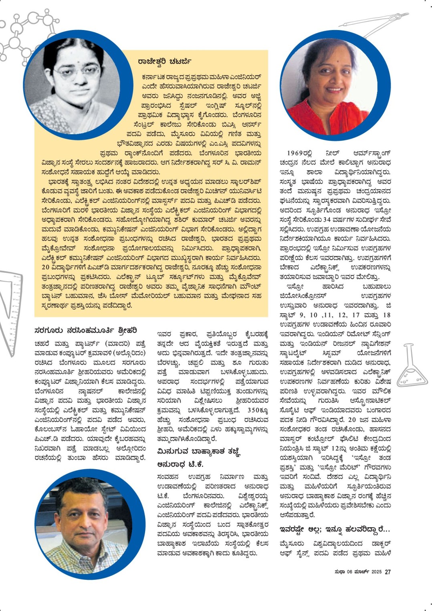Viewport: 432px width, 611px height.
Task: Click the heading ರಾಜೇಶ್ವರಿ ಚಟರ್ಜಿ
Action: pyautogui.click(x=164, y=61)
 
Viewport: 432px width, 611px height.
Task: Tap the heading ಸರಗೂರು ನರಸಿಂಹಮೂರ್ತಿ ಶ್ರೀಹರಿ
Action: pyautogui.click(x=86, y=331)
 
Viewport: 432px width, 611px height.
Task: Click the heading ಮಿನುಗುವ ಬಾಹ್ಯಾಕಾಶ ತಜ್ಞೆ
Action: pyautogui.click(x=199, y=451)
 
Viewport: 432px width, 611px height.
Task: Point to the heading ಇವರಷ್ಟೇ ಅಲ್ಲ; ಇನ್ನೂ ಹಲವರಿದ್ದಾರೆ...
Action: pyautogui.click(x=335, y=529)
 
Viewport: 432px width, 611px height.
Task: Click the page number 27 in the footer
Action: pyautogui.click(x=388, y=572)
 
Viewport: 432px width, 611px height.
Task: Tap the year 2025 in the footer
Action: pyautogui.click(x=376, y=572)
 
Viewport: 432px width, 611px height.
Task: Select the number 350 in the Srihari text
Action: pyautogui.click(x=254, y=410)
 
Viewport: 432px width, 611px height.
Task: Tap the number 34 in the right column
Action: pyautogui.click(x=327, y=220)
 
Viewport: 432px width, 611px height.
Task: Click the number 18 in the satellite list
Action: pyautogui.click(x=386, y=315)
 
